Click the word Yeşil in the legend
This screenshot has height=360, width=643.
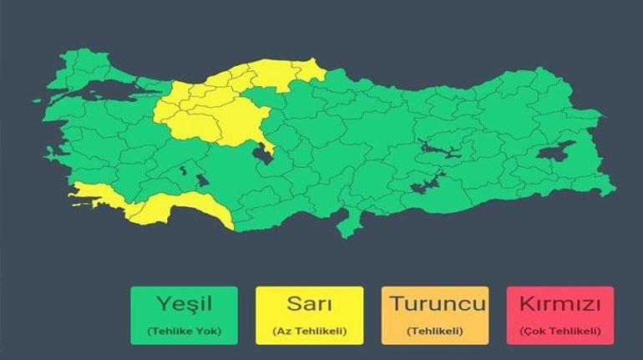click(x=183, y=304)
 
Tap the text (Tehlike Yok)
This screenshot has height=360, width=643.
click(x=183, y=331)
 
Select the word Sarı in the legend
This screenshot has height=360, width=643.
click(x=309, y=304)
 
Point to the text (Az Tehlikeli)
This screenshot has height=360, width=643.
click(x=309, y=331)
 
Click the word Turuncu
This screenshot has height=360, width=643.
click(x=434, y=304)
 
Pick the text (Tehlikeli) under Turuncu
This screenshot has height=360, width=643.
click(x=434, y=331)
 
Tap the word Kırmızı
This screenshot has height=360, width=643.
click(x=559, y=304)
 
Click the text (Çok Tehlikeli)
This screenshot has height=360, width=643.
click(x=559, y=331)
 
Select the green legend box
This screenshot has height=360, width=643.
click(x=183, y=316)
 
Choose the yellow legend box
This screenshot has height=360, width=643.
click(x=309, y=316)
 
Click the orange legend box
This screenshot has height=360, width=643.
click(x=434, y=316)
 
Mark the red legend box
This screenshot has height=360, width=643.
click(x=559, y=316)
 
